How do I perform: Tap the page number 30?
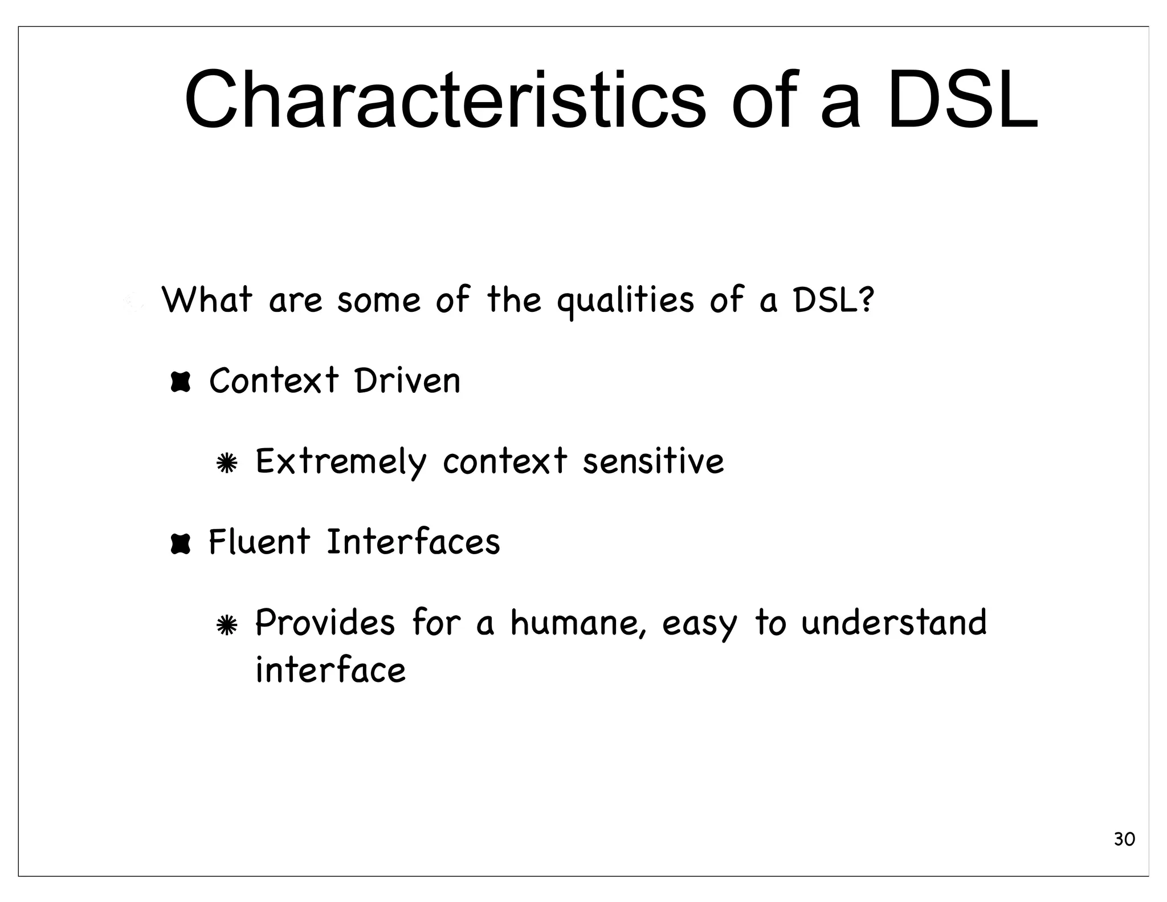click(x=1124, y=839)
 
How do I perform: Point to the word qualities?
click(x=625, y=301)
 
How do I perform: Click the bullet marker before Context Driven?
click(x=180, y=381)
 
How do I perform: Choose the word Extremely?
click(x=341, y=462)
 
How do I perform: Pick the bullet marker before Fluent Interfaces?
click(x=180, y=543)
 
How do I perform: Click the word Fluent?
click(x=259, y=542)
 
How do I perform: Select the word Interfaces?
click(x=413, y=542)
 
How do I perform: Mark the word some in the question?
click(x=379, y=300)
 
